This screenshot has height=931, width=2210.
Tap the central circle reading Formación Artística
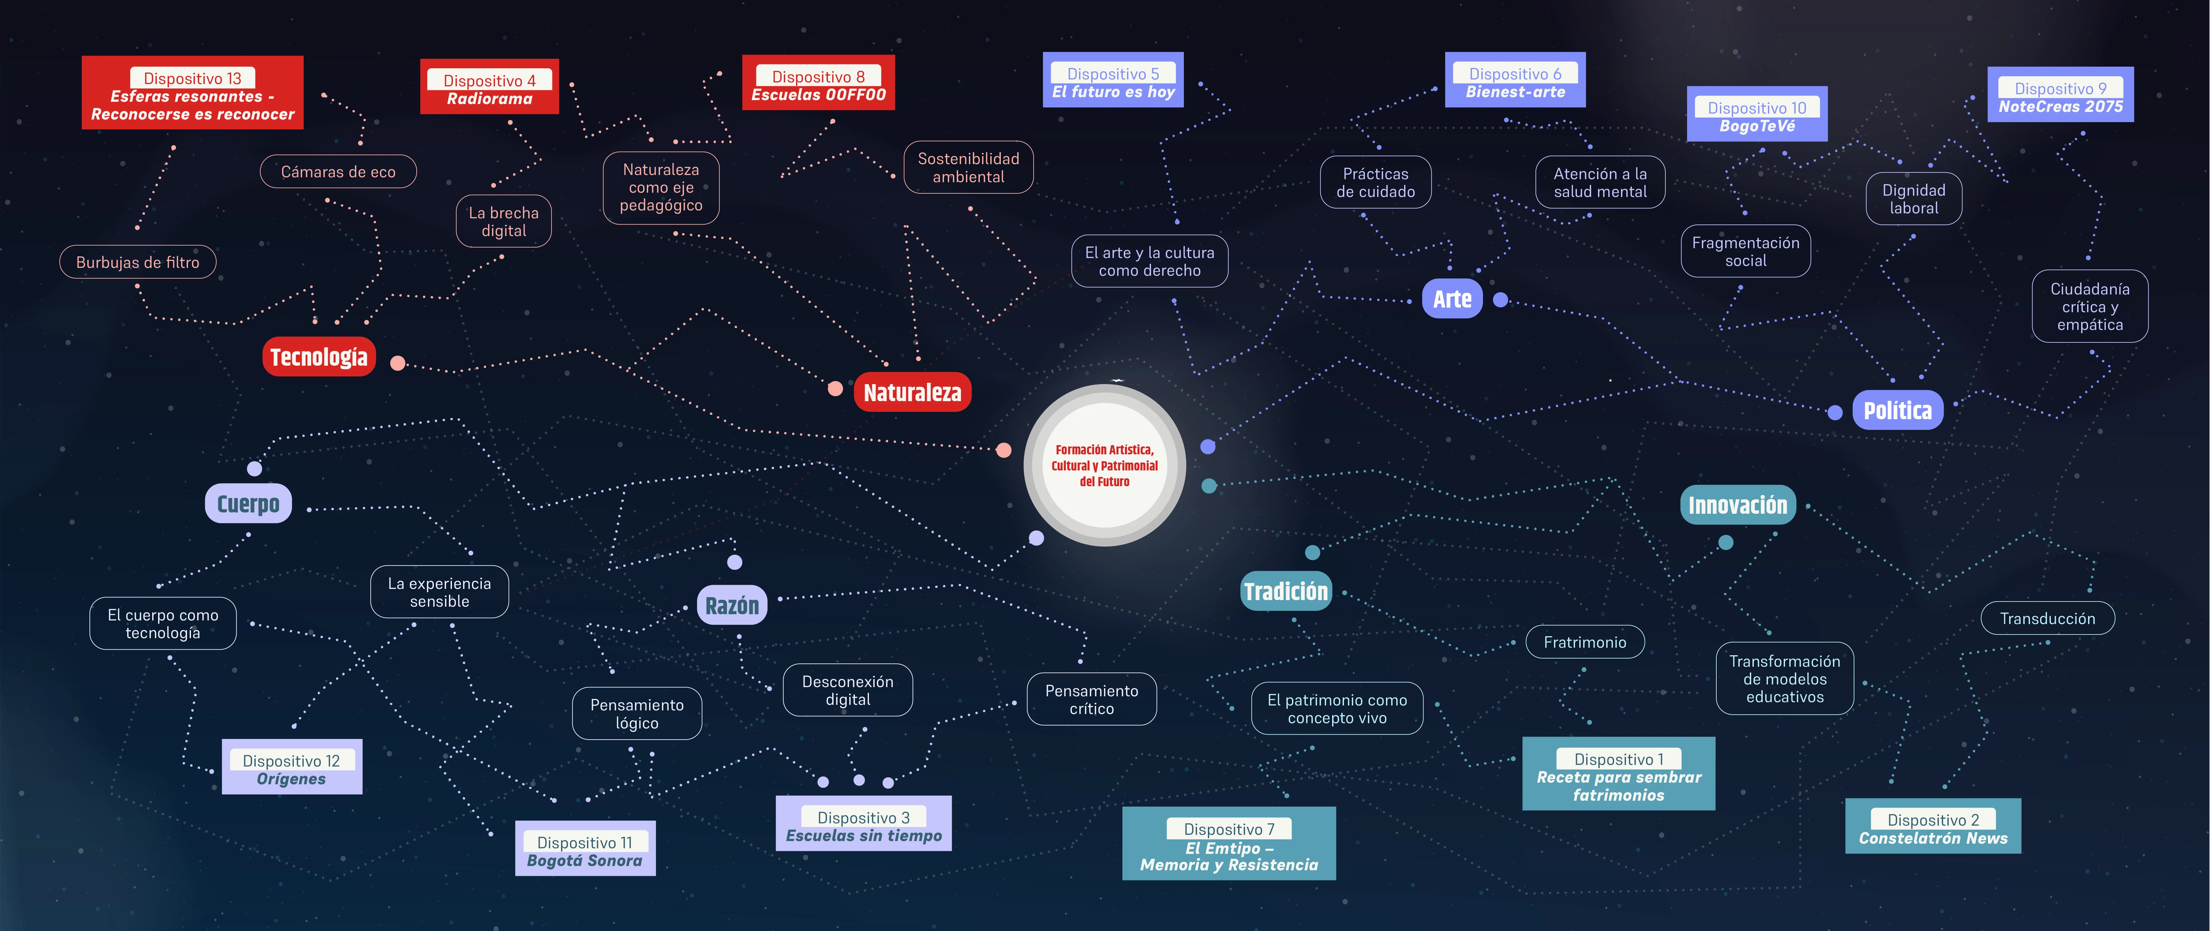pos(1105,465)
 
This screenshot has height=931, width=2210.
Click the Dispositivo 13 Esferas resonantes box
pos(192,93)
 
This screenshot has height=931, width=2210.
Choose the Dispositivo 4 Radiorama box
pos(489,87)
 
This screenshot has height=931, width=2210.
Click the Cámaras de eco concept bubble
pos(338,171)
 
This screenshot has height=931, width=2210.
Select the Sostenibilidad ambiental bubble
pos(969,167)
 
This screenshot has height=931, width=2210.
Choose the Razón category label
pos(732,605)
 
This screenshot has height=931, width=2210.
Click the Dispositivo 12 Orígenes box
pos(292,767)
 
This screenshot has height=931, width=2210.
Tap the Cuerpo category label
pos(248,503)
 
